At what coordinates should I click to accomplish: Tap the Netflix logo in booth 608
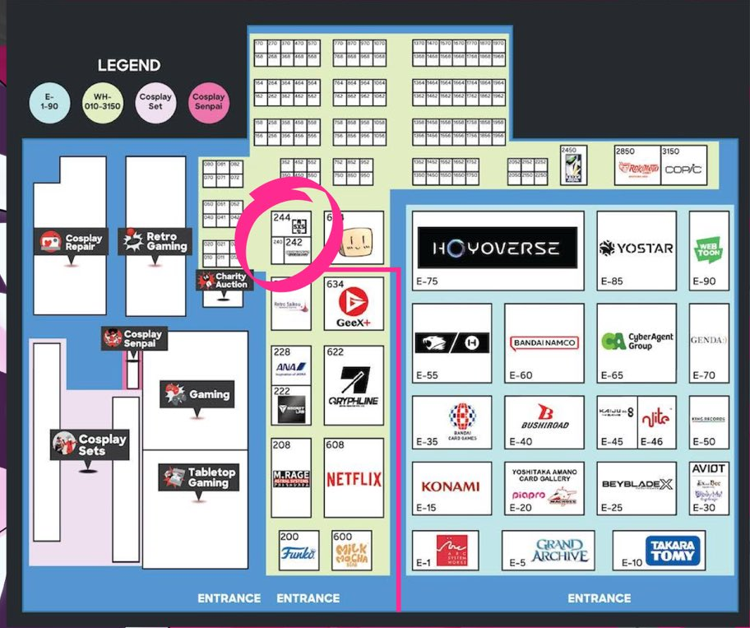point(354,479)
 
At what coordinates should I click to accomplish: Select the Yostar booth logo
point(636,248)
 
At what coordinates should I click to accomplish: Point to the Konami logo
point(450,486)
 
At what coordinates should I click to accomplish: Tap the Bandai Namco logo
point(544,342)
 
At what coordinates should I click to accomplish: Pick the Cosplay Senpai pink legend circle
point(209,102)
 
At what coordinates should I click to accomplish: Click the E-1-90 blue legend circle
point(49,102)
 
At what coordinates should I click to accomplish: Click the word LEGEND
point(129,66)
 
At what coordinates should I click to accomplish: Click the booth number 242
point(294,243)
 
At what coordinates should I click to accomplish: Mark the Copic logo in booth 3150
point(683,168)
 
